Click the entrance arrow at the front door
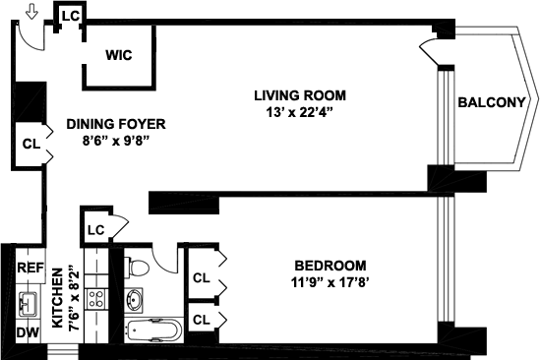[31, 12]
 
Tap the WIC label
[119, 55]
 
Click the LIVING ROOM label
[300, 95]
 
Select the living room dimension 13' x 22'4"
[299, 112]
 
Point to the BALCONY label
[491, 102]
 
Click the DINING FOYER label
[116, 124]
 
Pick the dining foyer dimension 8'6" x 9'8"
[116, 141]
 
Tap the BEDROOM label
[331, 266]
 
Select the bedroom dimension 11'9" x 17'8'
[331, 282]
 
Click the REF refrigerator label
[30, 268]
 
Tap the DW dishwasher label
[28, 332]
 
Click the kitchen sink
[29, 305]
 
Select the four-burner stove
[96, 299]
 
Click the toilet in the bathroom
[137, 267]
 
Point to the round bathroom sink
[135, 299]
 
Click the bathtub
[153, 330]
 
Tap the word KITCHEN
[58, 297]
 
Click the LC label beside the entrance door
[71, 16]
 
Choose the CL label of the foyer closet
[31, 144]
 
